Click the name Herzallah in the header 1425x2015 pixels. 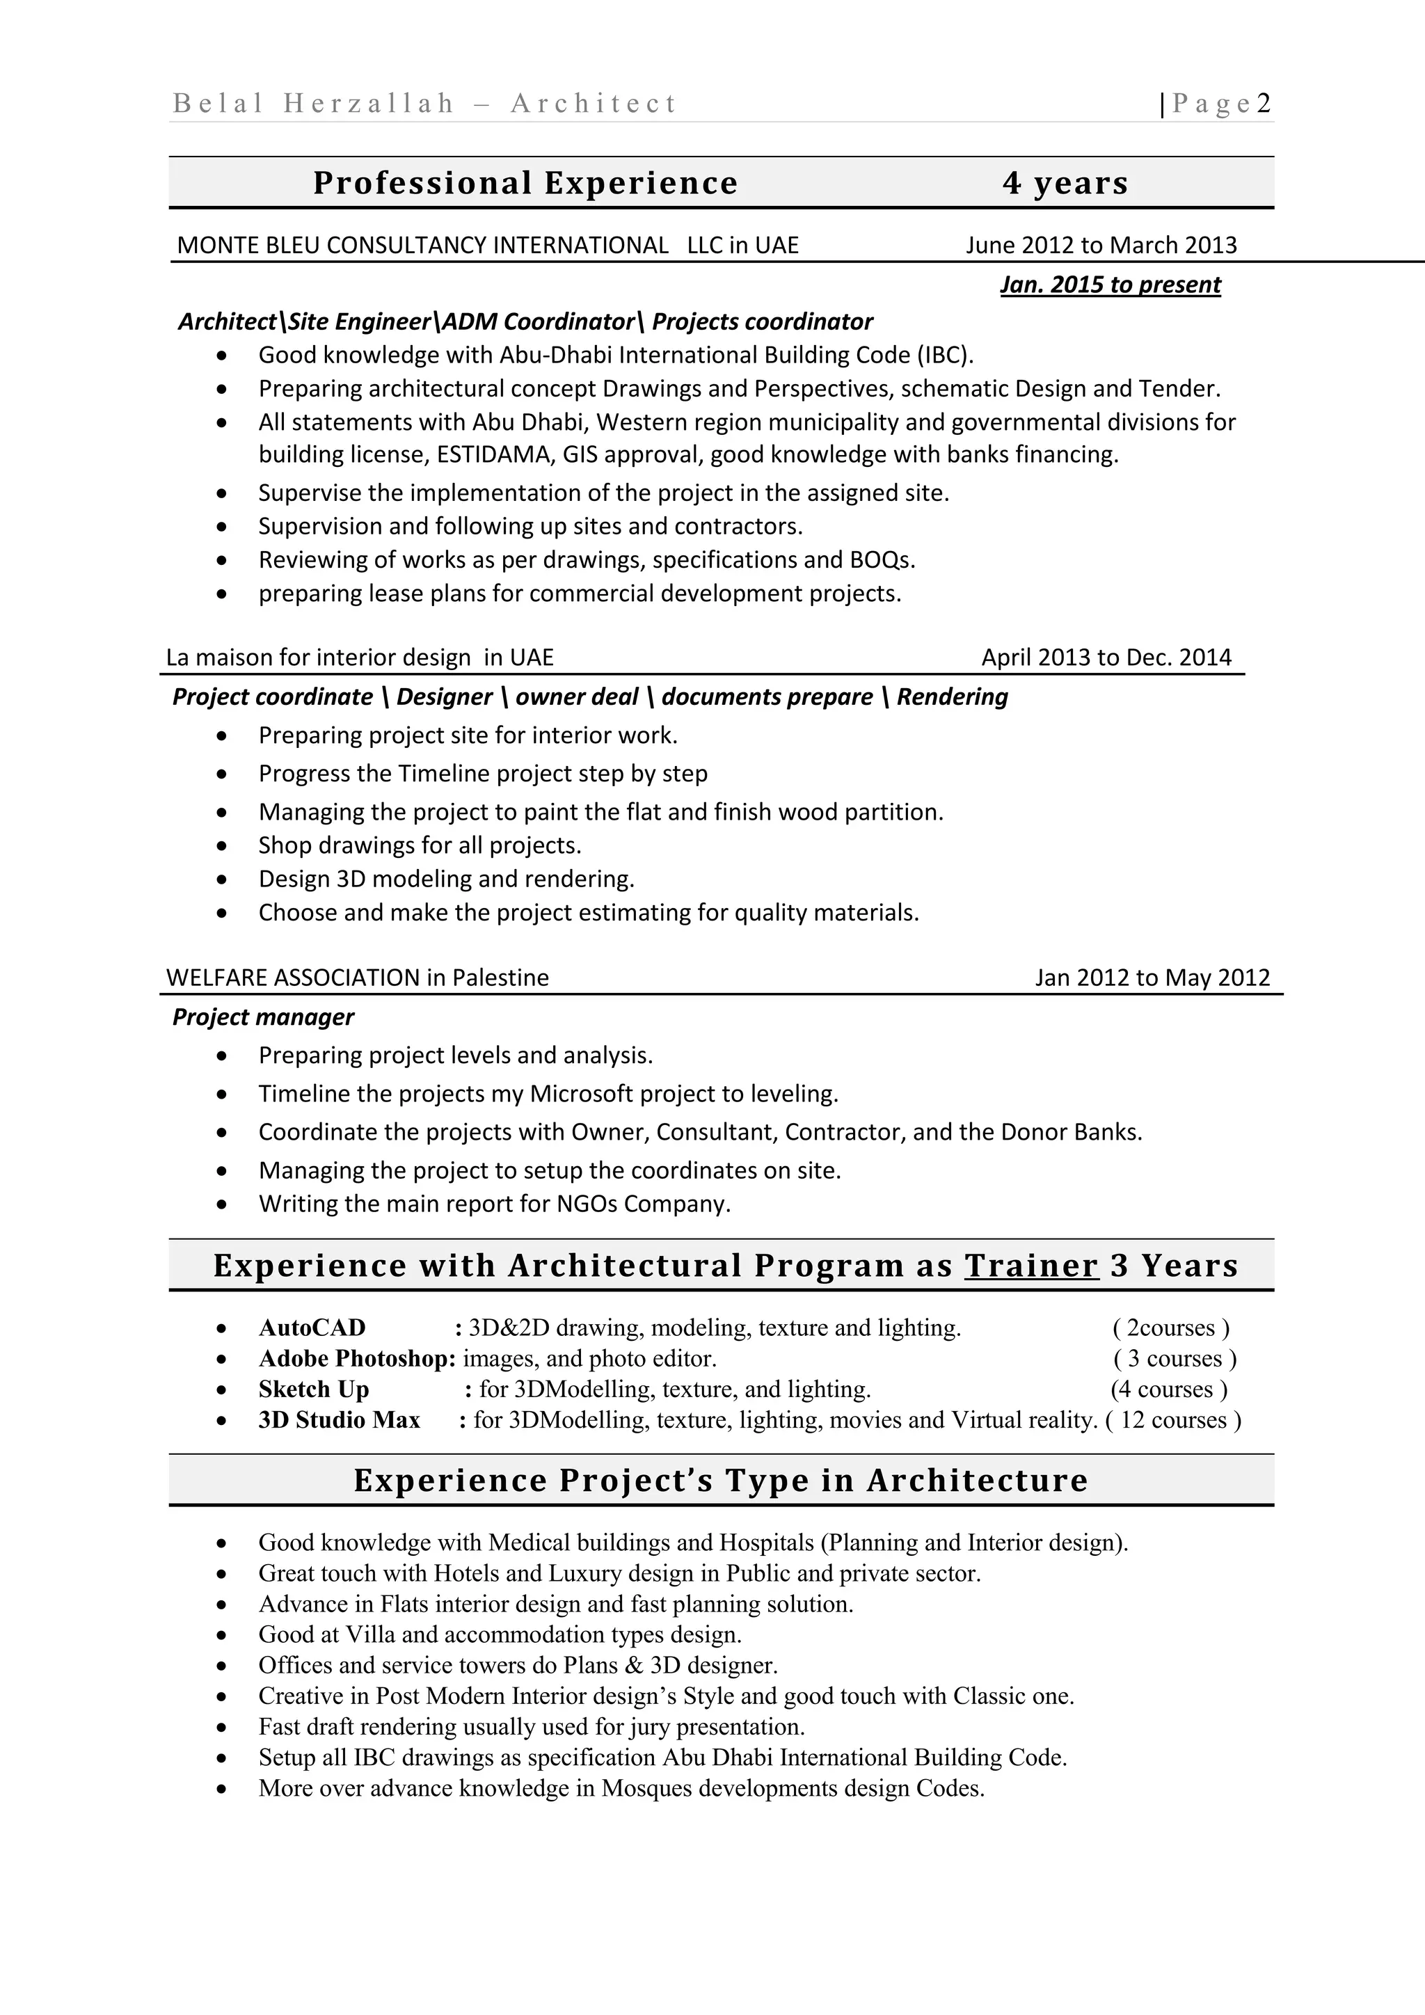coord(369,104)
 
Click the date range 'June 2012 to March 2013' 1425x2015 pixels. coord(1101,245)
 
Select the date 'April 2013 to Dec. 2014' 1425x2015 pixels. coord(1106,658)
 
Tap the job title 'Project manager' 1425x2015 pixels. coord(263,1017)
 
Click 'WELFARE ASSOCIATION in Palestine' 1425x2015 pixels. coord(357,978)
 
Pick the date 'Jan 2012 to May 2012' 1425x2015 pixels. coord(1152,978)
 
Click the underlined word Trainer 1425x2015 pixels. coord(1031,1266)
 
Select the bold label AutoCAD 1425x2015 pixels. coord(312,1328)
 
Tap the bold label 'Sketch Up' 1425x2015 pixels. coord(313,1389)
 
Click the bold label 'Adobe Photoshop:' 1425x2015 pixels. coord(357,1359)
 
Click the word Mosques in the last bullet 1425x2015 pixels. coord(646,1789)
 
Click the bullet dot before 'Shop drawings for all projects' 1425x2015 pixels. coord(222,846)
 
